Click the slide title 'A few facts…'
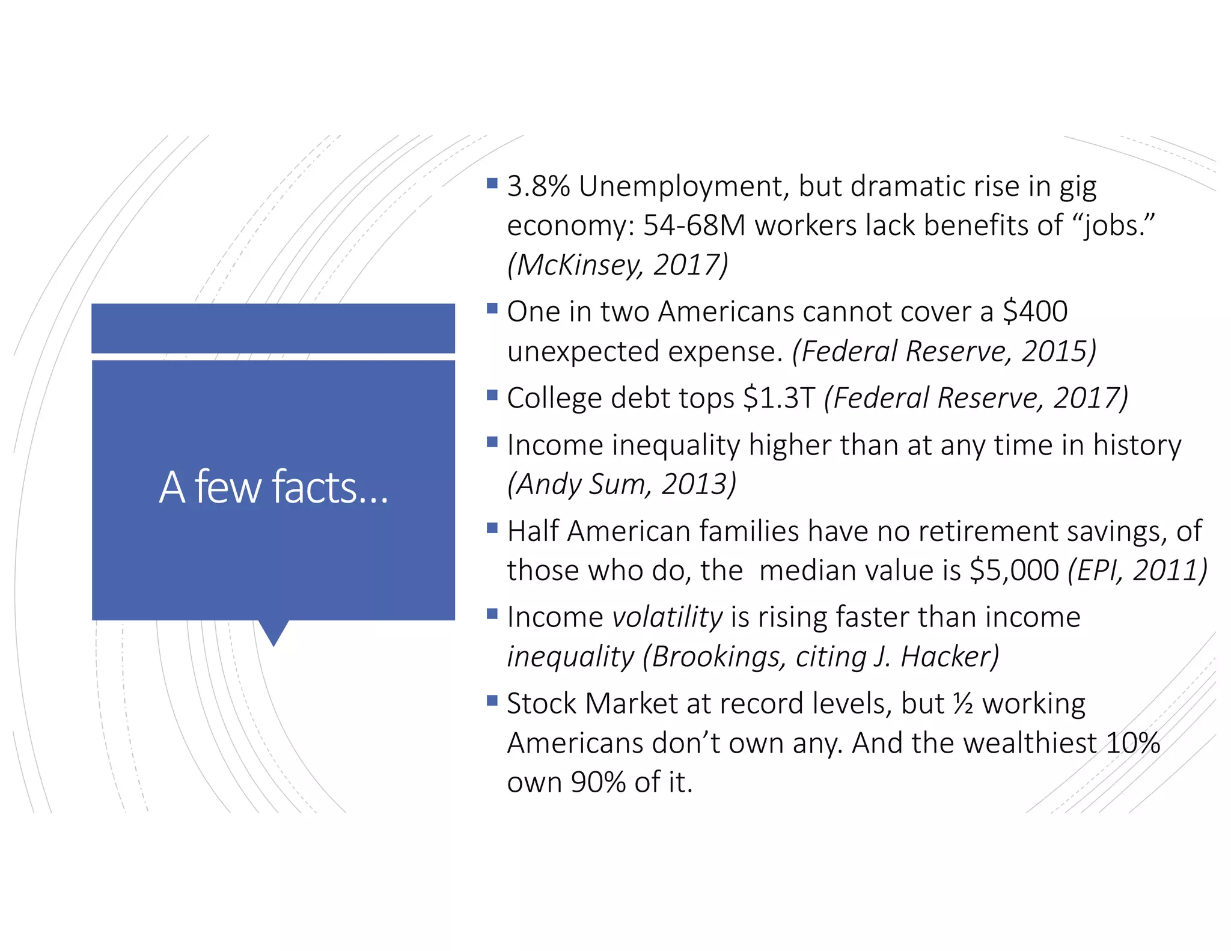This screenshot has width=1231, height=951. point(273,487)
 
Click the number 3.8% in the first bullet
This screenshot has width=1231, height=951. point(538,187)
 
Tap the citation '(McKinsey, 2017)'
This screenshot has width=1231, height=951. point(618,265)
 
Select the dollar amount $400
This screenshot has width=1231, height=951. point(1035,312)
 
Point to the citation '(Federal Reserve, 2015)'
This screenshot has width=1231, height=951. point(944,351)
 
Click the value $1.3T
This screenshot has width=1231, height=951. point(779,398)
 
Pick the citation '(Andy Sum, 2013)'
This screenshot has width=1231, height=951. point(622,484)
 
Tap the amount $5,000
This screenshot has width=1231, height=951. point(1014,570)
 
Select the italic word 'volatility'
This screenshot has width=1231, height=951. point(667,617)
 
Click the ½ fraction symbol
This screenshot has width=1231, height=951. point(963,704)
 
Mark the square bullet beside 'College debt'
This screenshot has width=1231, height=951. point(492,395)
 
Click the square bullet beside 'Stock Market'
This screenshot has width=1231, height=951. point(492,700)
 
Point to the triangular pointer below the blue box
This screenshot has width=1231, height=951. point(273,631)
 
